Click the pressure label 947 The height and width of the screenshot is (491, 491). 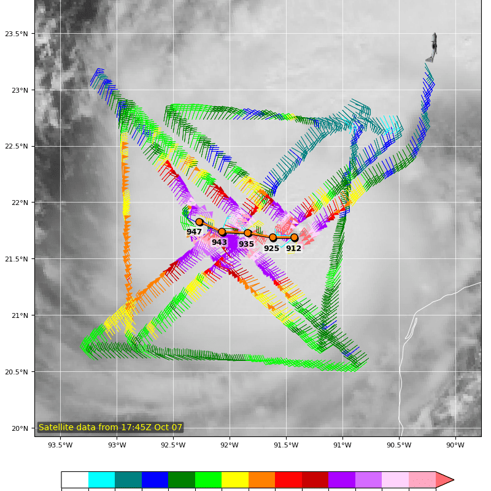[x=194, y=232]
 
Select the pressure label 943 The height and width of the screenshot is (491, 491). [x=219, y=242]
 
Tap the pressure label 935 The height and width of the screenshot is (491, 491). [x=246, y=244]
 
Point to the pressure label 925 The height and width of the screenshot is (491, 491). [x=271, y=249]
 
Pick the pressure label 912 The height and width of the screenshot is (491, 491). [x=293, y=249]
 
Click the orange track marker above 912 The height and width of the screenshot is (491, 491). [x=294, y=238]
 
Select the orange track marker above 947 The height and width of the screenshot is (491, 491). [x=199, y=222]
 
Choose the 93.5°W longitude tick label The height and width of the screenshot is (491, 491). [x=60, y=445]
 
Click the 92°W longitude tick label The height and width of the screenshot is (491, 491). [x=230, y=445]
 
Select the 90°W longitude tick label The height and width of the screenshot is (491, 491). [x=455, y=445]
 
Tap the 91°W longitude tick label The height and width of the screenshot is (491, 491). [x=342, y=445]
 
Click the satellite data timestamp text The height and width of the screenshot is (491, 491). [x=110, y=427]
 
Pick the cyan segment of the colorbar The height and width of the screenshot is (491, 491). [x=101, y=480]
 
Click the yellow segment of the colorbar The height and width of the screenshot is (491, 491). [x=235, y=480]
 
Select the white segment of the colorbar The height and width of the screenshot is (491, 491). [x=75, y=480]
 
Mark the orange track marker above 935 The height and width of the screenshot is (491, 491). [x=248, y=233]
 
